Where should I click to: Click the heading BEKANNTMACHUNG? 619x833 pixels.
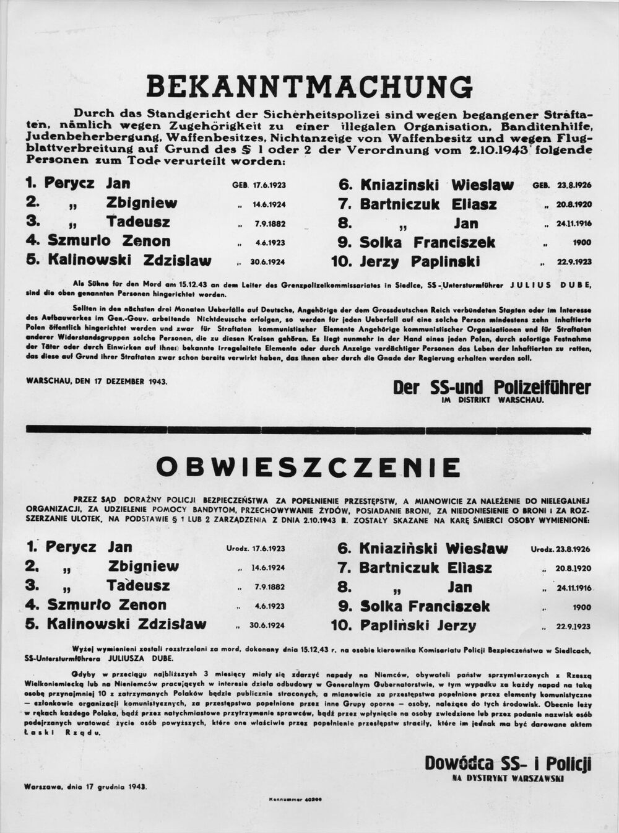[309, 86]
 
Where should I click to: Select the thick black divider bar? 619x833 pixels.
[309, 429]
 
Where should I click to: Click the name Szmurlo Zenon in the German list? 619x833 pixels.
[108, 241]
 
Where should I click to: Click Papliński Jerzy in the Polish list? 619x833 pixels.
[418, 626]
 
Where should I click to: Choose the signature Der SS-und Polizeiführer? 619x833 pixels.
[491, 388]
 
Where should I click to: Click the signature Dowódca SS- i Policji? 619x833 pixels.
[508, 763]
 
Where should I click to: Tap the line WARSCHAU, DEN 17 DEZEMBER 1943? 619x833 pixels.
[97, 382]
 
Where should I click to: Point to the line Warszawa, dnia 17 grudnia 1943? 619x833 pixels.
[85, 787]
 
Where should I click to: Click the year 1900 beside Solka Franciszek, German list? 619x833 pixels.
[582, 242]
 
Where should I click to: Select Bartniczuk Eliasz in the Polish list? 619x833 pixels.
[425, 567]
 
